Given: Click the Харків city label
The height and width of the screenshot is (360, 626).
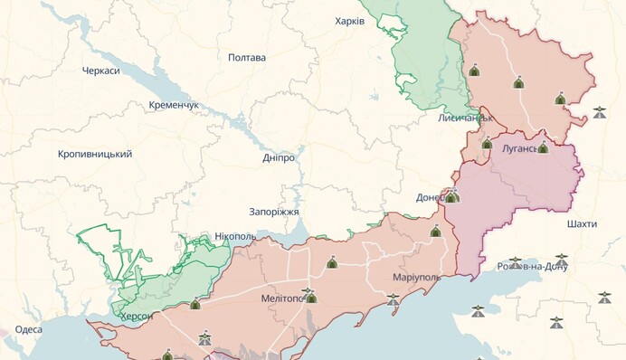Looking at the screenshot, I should pyautogui.click(x=349, y=21).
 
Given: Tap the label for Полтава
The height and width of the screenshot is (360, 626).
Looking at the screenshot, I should pyautogui.click(x=247, y=57).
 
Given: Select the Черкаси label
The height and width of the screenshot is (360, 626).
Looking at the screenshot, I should pyautogui.click(x=100, y=71).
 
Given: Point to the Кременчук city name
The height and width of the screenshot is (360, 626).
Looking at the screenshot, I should pyautogui.click(x=174, y=105).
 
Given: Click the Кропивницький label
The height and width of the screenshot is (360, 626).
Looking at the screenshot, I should pyautogui.click(x=95, y=154).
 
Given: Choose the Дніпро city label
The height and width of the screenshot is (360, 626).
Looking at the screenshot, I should pyautogui.click(x=279, y=157).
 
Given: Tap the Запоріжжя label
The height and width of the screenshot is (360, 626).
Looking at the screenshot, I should pyautogui.click(x=275, y=212).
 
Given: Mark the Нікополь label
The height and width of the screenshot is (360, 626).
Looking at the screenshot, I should pyautogui.click(x=235, y=236).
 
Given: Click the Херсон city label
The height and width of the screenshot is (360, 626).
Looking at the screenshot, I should pyautogui.click(x=136, y=316).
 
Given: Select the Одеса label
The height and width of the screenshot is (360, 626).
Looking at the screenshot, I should pyautogui.click(x=28, y=329).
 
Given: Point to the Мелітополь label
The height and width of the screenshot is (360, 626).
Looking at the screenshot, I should pyautogui.click(x=280, y=298).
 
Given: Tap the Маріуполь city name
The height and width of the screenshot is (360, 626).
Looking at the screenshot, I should pyautogui.click(x=416, y=276).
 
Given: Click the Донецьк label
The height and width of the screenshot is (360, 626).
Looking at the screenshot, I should pyautogui.click(x=430, y=197).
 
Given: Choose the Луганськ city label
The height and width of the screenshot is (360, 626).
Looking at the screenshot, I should pyautogui.click(x=510, y=146).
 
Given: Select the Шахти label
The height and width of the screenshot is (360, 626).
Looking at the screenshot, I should pyautogui.click(x=581, y=223).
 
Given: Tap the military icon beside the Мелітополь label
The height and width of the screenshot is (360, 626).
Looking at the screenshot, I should pyautogui.click(x=311, y=297).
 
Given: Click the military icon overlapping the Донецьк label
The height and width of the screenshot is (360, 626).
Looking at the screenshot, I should pyautogui.click(x=451, y=196).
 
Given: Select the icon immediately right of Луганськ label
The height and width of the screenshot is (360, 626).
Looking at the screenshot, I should pyautogui.click(x=543, y=147).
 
